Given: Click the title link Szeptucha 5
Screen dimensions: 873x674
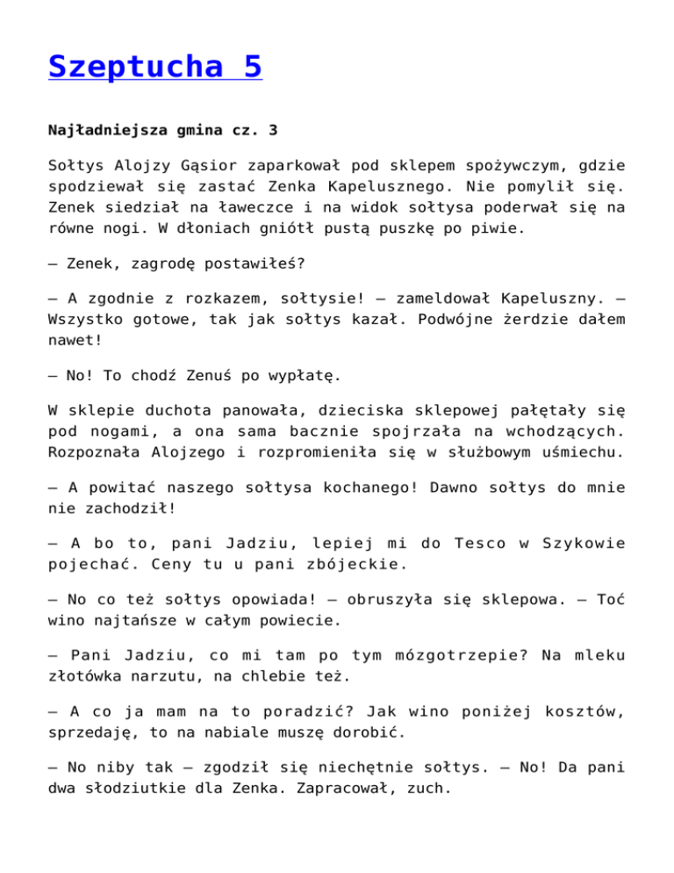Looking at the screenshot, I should (x=155, y=66).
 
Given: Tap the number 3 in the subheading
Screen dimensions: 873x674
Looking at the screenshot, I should (x=273, y=130).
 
